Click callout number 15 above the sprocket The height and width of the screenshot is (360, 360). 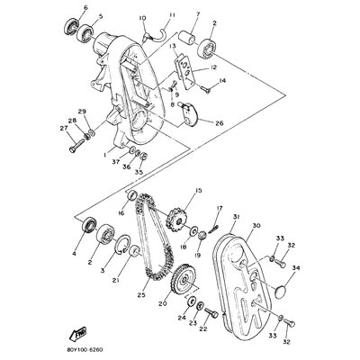(198, 191)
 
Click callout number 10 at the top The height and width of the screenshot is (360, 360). (142, 18)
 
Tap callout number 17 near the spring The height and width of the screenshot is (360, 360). (218, 211)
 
